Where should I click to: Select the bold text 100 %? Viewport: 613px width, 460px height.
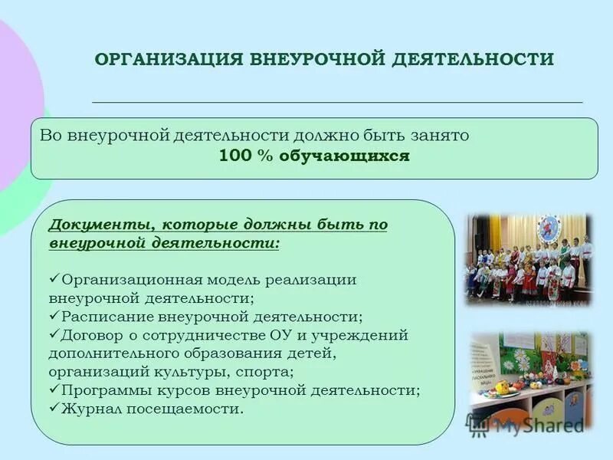click(242, 156)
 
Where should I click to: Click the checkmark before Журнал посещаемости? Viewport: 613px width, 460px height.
click(54, 408)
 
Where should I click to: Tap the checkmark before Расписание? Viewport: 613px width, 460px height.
click(54, 315)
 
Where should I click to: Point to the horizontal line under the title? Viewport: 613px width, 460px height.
click(337, 102)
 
